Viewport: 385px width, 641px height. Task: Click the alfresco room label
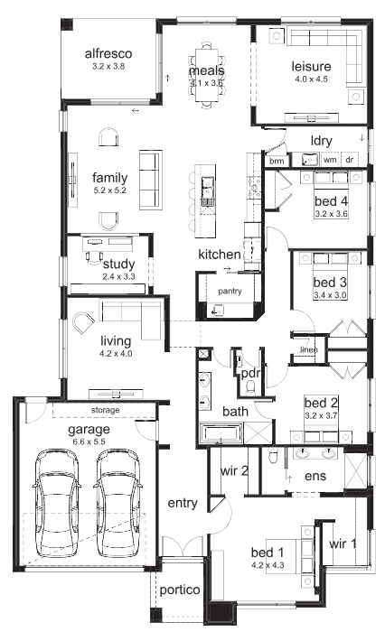108,53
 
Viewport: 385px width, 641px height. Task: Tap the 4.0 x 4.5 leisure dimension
312,79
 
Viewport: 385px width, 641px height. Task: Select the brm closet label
277,161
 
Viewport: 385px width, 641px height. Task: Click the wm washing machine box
330,160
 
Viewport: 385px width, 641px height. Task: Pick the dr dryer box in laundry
350,160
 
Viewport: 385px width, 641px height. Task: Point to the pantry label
230,291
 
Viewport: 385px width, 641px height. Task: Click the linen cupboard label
309,350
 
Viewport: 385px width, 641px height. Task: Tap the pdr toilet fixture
251,386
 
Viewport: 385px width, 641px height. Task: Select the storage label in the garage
105,410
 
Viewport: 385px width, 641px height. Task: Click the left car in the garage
56,502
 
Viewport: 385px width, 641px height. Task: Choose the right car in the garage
118,502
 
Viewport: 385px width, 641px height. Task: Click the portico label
180,590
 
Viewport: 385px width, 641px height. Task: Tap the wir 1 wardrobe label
343,543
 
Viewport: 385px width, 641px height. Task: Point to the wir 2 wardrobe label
234,470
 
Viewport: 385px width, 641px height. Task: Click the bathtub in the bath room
221,433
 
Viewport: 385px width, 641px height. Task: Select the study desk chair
95,255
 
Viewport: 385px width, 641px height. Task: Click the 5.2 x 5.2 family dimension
109,190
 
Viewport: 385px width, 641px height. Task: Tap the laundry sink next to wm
310,160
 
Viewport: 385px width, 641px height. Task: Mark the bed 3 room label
330,282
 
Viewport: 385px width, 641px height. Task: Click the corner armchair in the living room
84,323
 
